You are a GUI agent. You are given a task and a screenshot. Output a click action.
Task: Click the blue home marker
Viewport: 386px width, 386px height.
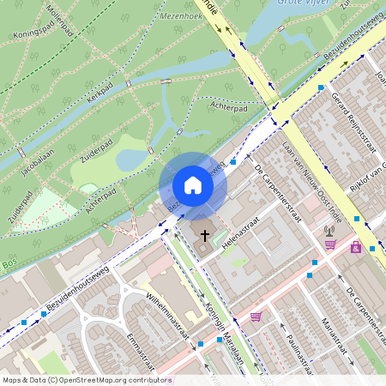pos(193,185)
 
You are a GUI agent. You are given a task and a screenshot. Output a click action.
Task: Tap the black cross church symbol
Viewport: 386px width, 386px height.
pos(204,233)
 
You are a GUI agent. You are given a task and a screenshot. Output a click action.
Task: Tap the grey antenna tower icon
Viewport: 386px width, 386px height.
pos(329,229)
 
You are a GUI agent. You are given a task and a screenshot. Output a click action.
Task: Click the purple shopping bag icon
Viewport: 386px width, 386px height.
pos(355,247)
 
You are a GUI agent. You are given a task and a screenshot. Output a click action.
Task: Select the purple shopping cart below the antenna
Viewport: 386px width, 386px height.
pos(329,244)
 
